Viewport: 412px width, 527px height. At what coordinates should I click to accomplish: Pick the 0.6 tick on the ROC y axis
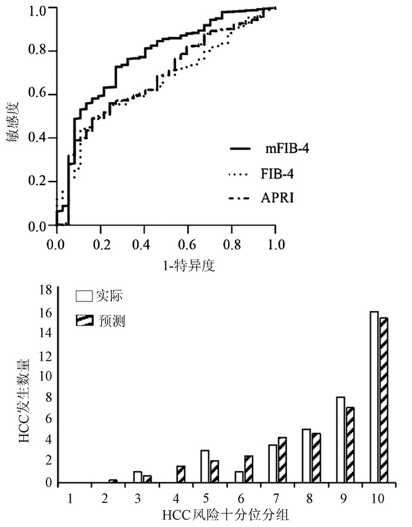tap(38, 95)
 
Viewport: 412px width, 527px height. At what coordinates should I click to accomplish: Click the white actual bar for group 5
tap(205, 466)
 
